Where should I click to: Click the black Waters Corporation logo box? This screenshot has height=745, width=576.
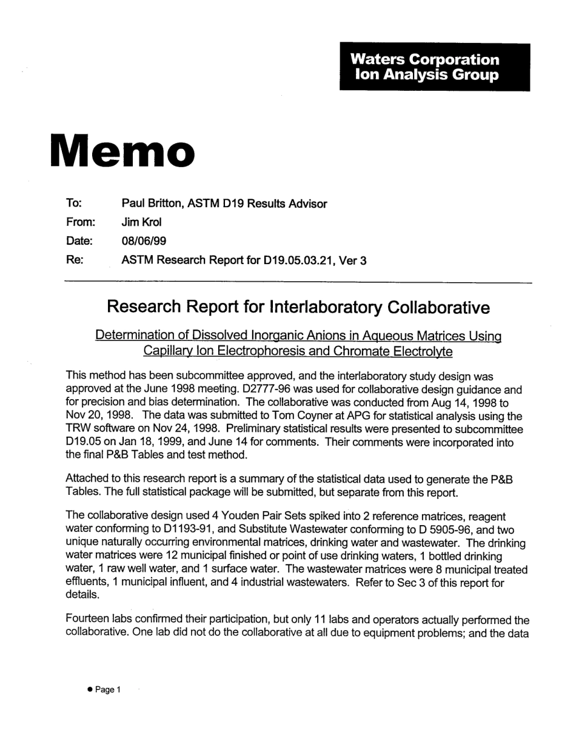(x=434, y=67)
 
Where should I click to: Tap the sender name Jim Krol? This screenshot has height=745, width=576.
(x=141, y=222)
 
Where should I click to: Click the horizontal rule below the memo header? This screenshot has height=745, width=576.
(x=297, y=282)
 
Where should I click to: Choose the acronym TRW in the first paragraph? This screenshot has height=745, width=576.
(x=78, y=429)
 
